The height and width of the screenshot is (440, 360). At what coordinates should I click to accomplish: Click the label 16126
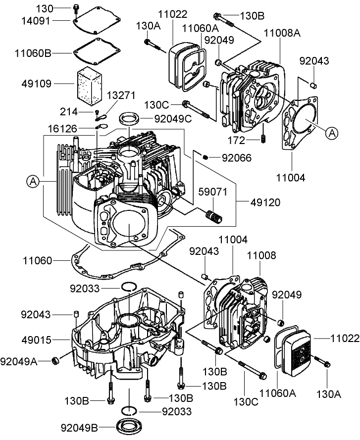coord(62,129)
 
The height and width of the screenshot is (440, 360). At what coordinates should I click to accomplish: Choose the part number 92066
coord(236,158)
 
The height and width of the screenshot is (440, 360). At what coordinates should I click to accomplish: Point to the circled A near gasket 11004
coord(332,132)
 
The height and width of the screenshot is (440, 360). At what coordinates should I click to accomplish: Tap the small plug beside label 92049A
coord(55,359)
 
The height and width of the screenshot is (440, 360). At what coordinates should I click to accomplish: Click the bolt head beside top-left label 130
coord(76,7)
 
